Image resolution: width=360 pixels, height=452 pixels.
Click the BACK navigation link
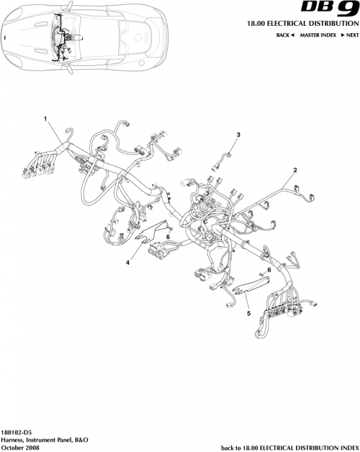coord(286,35)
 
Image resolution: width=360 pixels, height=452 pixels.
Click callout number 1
coord(45,117)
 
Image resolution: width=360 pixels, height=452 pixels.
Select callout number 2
coord(294,171)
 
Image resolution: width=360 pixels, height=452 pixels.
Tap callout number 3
coord(238,135)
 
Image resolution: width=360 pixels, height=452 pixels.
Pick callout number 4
coord(127,263)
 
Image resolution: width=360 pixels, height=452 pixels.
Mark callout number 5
coord(248,313)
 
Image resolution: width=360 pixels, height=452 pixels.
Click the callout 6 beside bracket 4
coord(167,236)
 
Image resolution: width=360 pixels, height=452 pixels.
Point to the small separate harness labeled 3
coord(222,159)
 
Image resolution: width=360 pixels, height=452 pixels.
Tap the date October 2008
coord(21,447)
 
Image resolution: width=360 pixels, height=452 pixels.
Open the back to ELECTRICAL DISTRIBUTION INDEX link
coord(289,447)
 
